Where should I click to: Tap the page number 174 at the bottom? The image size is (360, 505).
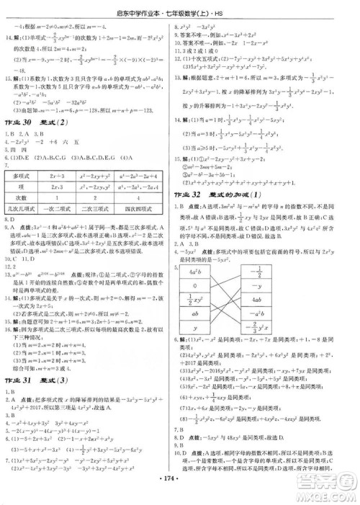coord(180,478)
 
